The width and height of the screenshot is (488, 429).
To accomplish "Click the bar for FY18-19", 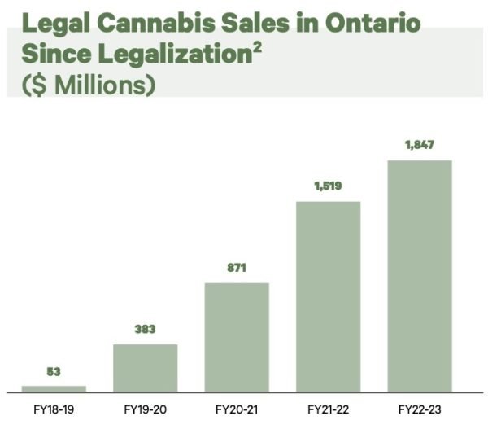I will tap(54, 389).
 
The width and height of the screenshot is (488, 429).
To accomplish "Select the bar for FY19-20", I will tap(145, 368).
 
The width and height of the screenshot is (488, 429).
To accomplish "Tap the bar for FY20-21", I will tap(237, 337).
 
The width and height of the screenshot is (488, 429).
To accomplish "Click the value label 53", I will tap(54, 372).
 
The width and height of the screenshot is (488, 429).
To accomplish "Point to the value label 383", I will tap(145, 330).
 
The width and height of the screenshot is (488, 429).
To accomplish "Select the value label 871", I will tap(237, 268).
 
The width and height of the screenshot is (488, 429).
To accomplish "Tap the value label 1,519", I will tap(328, 186).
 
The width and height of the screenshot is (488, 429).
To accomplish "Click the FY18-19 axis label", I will tap(54, 409).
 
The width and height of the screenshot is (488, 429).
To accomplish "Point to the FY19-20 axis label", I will tap(145, 409).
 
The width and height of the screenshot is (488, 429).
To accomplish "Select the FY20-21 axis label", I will tap(237, 409).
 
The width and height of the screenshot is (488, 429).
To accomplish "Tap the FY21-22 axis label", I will tap(328, 409).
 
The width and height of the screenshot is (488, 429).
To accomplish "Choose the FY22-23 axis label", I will tap(420, 409).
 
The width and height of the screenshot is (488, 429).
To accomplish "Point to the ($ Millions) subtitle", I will tap(81, 85).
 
